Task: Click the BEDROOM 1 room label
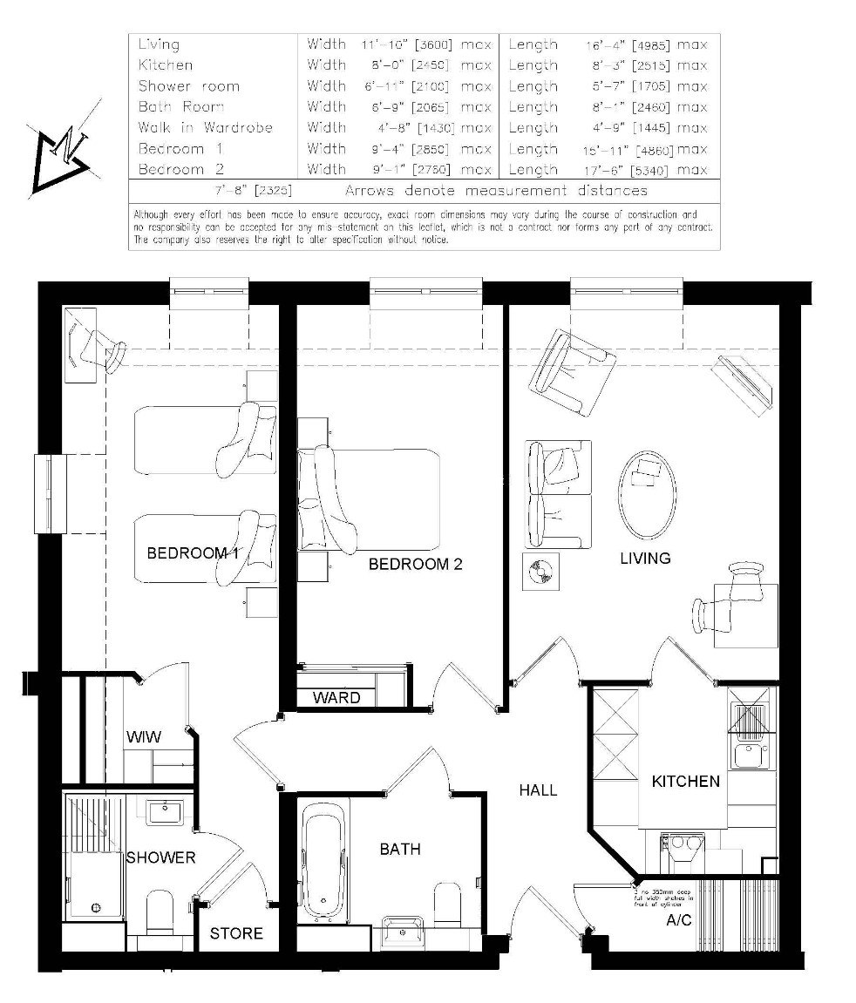coord(192,553)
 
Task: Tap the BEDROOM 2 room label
coord(415,565)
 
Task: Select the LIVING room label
coord(645,558)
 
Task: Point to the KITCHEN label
coord(686,782)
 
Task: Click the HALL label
coord(538,790)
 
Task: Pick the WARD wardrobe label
coord(336,698)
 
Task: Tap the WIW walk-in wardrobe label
coord(144,737)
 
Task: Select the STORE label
coord(236,933)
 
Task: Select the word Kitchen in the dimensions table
coord(166,65)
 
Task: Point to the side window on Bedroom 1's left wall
coord(51,493)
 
